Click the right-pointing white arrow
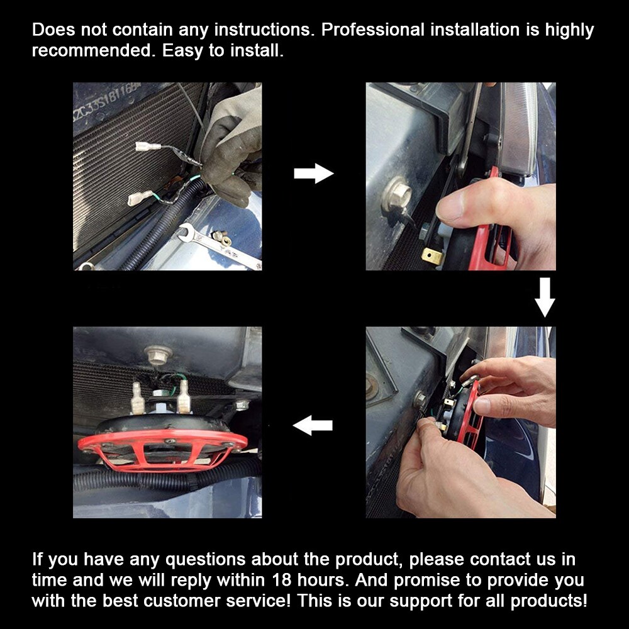tap(314, 174)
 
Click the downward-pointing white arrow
tap(545, 298)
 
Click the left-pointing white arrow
tap(313, 425)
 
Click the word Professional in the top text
tap(372, 30)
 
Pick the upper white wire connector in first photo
tap(148, 147)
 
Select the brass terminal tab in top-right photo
tap(433, 256)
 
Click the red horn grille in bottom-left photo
tap(162, 448)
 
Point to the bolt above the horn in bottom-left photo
tap(159, 355)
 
